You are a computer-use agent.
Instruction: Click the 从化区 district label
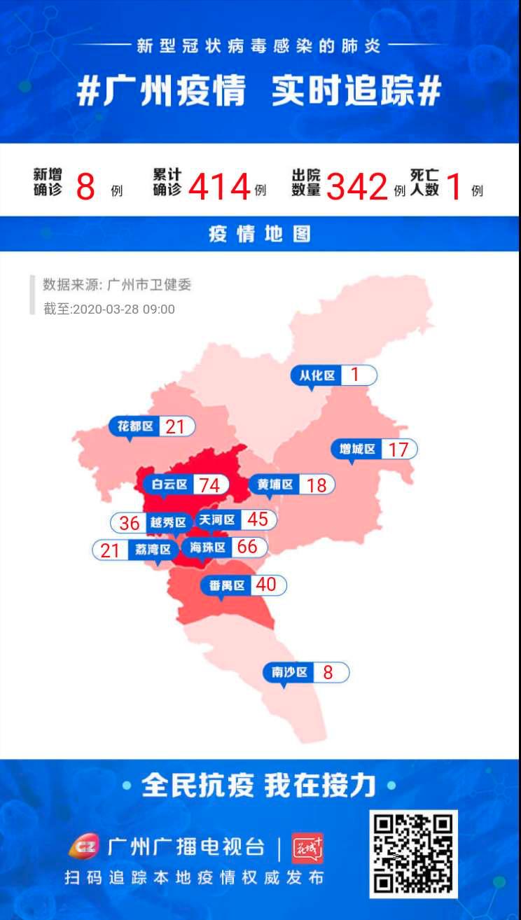click(317, 375)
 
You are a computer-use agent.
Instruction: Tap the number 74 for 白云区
click(209, 485)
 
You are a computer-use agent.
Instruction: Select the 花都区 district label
click(135, 426)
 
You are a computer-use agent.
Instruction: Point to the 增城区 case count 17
click(398, 449)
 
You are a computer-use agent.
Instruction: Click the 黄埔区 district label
click(274, 484)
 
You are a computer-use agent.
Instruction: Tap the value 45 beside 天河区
click(257, 519)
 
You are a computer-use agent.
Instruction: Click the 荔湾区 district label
click(153, 550)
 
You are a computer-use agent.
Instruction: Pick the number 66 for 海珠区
click(247, 546)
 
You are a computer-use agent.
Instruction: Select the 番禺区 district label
click(226, 585)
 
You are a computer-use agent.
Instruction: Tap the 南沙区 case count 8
click(328, 673)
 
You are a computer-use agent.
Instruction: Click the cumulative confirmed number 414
click(219, 187)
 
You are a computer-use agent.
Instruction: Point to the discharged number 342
click(356, 187)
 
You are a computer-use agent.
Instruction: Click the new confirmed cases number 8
click(85, 187)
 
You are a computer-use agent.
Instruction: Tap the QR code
click(413, 853)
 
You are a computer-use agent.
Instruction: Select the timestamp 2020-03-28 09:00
click(124, 309)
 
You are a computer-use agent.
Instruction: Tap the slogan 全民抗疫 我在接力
click(259, 786)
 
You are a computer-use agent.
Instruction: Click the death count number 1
click(454, 187)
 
